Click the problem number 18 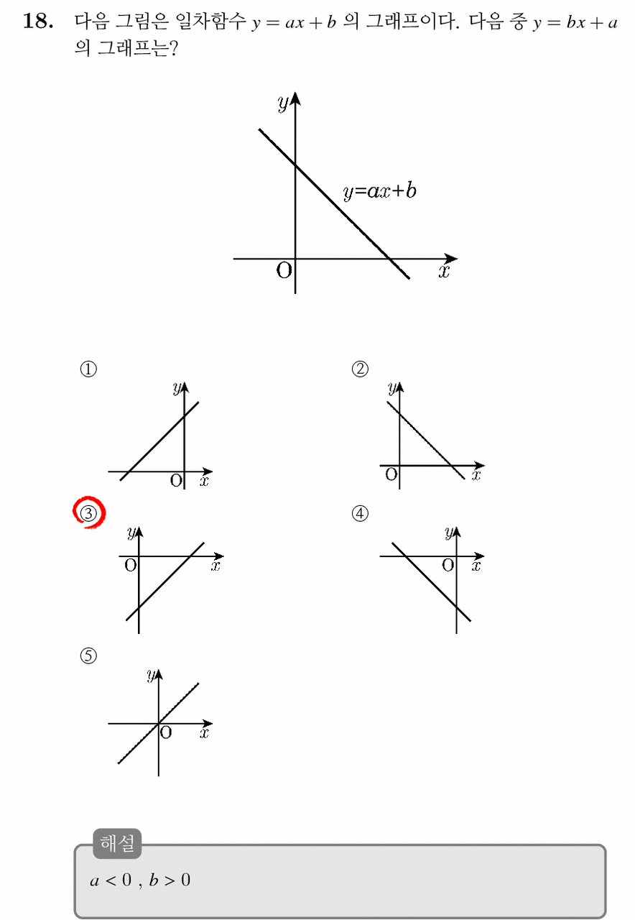pos(38,21)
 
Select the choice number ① pos(88,369)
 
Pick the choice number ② pos(360,369)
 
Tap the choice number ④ pos(360,513)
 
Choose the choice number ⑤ pos(88,655)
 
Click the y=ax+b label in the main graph pos(379,191)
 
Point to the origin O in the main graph pos(284,271)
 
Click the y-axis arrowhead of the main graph pos(295,98)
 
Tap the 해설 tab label pos(117,844)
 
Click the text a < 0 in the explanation pos(111,880)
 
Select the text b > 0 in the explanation pos(170,880)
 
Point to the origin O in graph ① pos(176,480)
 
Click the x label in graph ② pos(476,475)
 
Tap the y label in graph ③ pos(131,533)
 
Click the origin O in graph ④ pos(448,565)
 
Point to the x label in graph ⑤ pos(205,732)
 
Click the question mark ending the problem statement pos(174,48)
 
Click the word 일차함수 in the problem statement pos(210,21)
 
